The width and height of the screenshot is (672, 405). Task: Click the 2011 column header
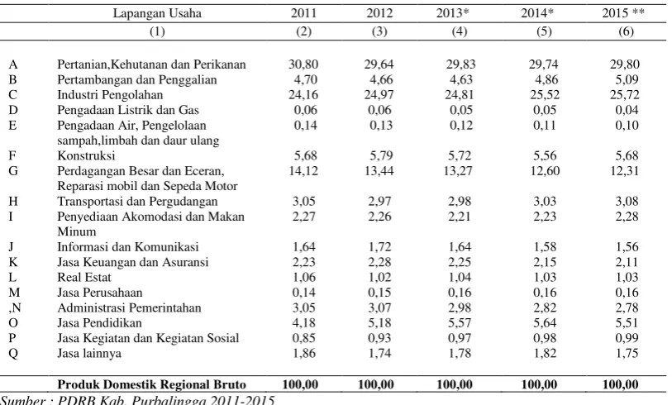[303, 13]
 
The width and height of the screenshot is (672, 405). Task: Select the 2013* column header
[453, 13]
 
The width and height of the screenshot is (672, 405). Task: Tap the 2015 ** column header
[623, 13]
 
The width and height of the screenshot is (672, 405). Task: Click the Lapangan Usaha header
[157, 13]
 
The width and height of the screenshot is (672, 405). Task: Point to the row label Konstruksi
[86, 155]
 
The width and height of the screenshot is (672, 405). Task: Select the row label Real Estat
[84, 277]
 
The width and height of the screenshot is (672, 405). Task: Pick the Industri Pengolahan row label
[110, 95]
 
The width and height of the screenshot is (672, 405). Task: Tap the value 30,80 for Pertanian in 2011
[303, 64]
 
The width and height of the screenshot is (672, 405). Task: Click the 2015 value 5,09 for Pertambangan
[627, 79]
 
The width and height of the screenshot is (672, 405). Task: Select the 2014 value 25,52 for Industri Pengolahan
[544, 95]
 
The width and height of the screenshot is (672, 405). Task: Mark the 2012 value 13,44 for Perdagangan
[379, 171]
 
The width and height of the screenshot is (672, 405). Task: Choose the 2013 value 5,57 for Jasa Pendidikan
[460, 322]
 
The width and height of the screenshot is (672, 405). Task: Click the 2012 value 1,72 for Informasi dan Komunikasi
[379, 247]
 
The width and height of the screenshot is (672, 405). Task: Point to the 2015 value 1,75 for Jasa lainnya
[627, 353]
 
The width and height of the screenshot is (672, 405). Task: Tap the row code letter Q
[13, 354]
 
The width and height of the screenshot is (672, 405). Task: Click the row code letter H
[13, 202]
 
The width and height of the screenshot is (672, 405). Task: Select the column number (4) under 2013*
[459, 31]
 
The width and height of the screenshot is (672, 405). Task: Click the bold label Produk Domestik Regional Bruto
[152, 384]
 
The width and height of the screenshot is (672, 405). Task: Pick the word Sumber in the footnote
[22, 400]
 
